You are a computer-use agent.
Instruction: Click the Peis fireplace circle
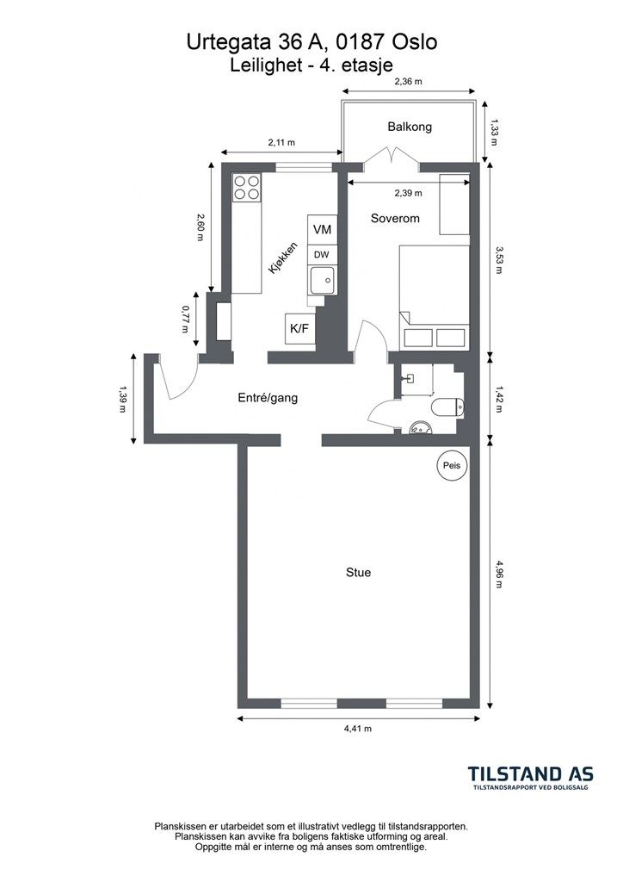click(452, 466)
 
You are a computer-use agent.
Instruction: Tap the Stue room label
click(359, 573)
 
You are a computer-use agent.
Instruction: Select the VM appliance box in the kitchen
click(322, 229)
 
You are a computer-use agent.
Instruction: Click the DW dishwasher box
click(322, 255)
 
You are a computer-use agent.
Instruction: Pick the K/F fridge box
click(299, 328)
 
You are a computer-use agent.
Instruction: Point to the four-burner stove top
click(247, 188)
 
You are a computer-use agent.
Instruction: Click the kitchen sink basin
click(321, 279)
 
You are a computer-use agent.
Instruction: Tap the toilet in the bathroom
click(447, 407)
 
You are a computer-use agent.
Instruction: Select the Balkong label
click(410, 127)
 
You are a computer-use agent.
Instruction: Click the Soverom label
click(395, 218)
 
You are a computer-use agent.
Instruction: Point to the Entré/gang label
click(268, 398)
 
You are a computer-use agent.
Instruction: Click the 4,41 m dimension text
click(358, 729)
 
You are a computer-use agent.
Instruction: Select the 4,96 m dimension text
click(497, 573)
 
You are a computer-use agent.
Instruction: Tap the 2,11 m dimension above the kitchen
click(281, 142)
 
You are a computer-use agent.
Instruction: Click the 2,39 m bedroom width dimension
click(409, 193)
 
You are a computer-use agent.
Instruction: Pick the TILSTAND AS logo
click(531, 778)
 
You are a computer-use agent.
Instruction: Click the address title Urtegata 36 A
click(263, 42)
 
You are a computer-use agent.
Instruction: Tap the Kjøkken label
click(282, 258)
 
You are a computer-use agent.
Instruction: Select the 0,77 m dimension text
click(185, 319)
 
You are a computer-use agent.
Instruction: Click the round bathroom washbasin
click(420, 429)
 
